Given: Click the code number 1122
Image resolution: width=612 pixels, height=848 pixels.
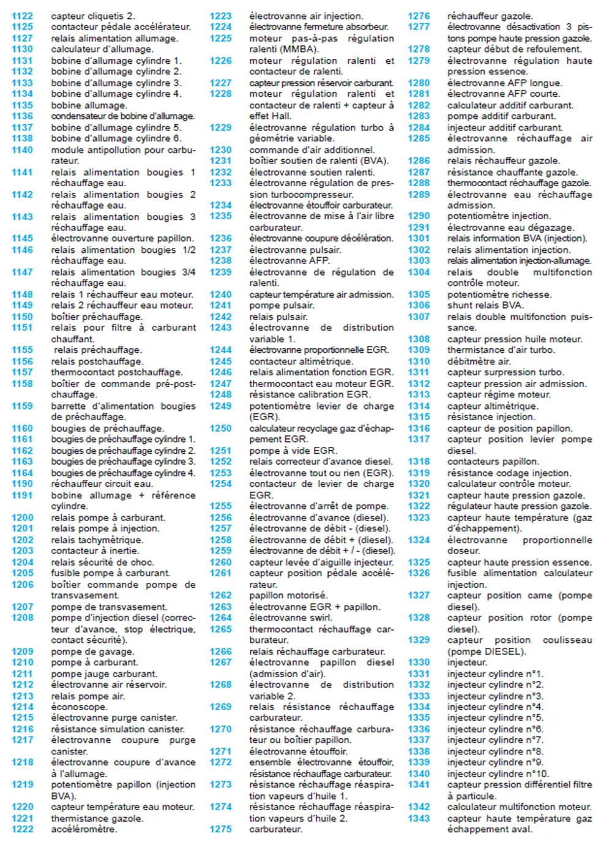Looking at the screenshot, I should pos(22,16).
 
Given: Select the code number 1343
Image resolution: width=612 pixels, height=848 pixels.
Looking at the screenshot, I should pos(419,818).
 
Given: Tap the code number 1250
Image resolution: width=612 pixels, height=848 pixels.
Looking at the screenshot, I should pos(220,428).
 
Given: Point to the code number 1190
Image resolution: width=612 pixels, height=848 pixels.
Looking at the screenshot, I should pos(22,484).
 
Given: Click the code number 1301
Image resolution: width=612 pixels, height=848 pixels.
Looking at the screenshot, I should pos(419,238).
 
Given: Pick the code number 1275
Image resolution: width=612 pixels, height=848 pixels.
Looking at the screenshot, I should pos(220,829).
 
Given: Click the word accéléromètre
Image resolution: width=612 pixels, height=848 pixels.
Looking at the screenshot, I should pos(84,829).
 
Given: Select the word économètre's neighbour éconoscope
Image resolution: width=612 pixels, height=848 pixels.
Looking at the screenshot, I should pos(79,707).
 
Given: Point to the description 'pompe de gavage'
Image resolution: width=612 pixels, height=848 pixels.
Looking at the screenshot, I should pos(92,651).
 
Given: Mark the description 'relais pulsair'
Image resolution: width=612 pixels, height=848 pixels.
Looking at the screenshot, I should pos(278,317).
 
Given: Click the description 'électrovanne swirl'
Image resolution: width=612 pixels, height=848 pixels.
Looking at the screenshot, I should pos(290,618).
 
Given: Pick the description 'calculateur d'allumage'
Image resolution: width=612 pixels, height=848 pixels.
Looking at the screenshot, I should pos(102,49).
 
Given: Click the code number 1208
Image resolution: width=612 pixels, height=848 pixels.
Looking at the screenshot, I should pos(22,618).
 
